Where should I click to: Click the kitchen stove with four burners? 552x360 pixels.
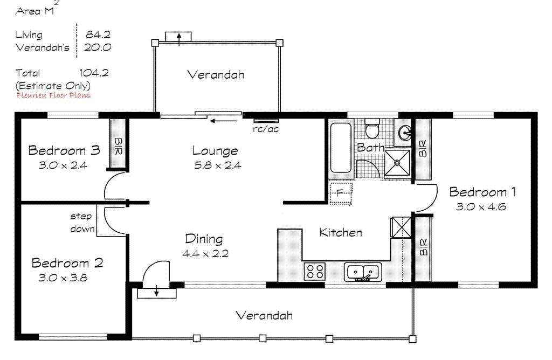[315, 271]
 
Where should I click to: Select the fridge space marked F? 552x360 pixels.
[340, 192]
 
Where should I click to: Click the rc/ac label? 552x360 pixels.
[266, 129]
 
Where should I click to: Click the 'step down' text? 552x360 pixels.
[81, 223]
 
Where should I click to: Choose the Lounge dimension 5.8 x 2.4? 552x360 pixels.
[218, 165]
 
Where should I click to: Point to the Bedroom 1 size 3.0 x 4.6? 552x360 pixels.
[480, 206]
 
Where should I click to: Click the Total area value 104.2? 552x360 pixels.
[94, 73]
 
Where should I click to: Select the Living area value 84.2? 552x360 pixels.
[98, 35]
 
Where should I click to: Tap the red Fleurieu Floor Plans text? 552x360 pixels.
[53, 95]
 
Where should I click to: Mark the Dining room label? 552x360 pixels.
[204, 239]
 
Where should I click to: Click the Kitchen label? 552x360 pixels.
[341, 233]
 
